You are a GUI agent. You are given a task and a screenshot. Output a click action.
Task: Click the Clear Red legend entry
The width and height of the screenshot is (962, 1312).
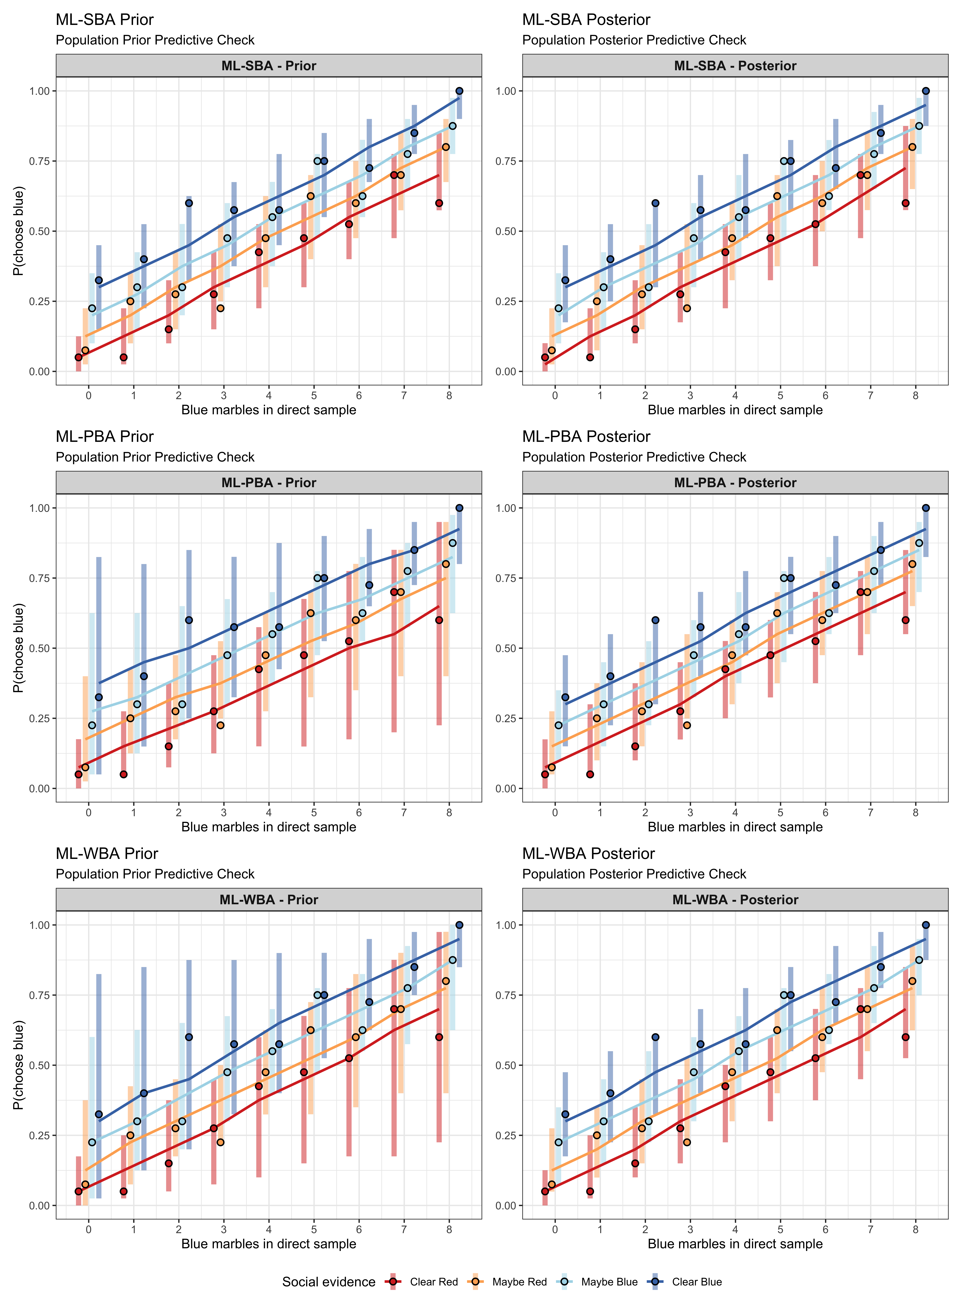433,1282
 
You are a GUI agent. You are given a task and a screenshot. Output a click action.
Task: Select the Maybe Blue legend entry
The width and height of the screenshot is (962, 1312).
609,1282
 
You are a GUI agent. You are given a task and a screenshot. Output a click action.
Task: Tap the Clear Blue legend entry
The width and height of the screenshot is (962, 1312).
696,1282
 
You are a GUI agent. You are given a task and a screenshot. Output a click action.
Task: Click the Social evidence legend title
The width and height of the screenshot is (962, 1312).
328,1282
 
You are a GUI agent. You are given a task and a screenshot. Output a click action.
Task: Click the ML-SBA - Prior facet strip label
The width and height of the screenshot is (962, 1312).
268,66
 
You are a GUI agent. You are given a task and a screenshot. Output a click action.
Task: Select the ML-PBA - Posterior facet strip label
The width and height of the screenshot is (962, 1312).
735,483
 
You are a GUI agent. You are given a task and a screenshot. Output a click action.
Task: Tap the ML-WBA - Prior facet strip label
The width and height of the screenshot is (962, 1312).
268,900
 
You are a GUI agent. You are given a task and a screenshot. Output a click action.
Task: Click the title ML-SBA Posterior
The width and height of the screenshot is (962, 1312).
586,20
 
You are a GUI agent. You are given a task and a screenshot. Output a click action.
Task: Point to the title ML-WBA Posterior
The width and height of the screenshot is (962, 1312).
588,854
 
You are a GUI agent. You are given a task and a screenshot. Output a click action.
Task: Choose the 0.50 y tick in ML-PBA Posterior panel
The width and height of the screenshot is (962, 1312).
506,648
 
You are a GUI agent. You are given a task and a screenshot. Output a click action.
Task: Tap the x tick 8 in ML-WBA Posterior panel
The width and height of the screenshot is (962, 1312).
915,1229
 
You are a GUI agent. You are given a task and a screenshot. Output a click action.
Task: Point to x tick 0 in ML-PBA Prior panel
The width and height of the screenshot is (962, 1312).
88,812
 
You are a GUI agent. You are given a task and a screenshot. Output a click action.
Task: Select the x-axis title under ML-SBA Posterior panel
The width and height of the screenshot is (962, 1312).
735,410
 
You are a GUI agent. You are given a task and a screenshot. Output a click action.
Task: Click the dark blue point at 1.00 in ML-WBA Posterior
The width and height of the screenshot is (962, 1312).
926,925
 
